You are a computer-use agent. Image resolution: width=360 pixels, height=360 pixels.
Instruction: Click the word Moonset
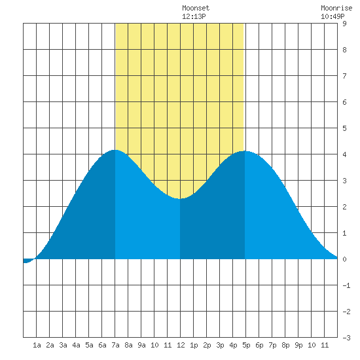(196, 8)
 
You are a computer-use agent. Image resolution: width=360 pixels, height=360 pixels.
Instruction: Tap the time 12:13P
(194, 16)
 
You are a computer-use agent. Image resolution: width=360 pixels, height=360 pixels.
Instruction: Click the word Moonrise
(336, 8)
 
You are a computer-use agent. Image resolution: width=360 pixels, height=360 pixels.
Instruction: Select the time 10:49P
(333, 16)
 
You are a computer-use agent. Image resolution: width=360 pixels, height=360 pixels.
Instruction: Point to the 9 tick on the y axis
(344, 24)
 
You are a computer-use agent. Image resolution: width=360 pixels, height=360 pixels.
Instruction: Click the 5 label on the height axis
(344, 128)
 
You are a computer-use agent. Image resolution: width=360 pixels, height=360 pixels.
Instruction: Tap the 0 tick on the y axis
(344, 259)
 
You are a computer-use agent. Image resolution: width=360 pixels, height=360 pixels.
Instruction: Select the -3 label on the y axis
(346, 338)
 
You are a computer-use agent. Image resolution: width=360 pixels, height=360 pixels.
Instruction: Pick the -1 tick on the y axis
(346, 285)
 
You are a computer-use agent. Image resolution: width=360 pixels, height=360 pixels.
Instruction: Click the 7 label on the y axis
(344, 76)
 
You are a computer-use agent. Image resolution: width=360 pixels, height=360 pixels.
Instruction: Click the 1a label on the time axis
(37, 345)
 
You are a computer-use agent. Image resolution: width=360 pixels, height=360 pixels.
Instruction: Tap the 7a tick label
(115, 345)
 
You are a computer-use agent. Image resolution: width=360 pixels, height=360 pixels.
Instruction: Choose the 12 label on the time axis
(181, 345)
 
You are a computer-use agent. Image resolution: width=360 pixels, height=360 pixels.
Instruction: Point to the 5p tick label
(246, 345)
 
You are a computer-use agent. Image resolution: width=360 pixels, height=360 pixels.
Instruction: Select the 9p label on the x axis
(298, 345)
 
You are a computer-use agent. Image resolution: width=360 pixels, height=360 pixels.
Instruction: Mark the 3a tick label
(63, 345)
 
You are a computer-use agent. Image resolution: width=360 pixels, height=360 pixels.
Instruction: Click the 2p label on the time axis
(207, 345)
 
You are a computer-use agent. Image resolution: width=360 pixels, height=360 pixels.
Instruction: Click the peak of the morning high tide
(115, 150)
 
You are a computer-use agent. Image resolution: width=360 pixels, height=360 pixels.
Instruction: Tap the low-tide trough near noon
(180, 198)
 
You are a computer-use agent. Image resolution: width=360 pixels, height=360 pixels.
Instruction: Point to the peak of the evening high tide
(245, 151)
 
